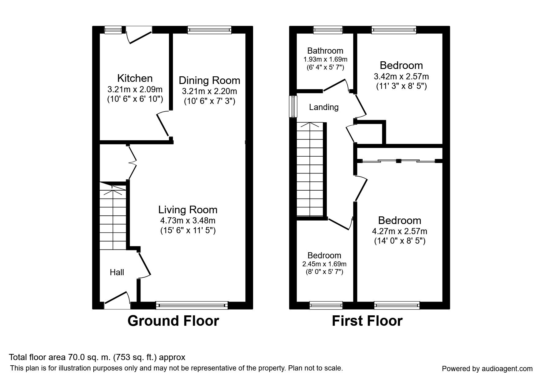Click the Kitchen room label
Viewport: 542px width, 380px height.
[x=135, y=78]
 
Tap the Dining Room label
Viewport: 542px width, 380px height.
[x=209, y=81]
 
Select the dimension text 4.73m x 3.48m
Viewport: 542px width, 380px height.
[x=188, y=220]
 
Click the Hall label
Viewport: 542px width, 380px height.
[x=117, y=272]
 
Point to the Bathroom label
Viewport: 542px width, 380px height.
[x=325, y=51]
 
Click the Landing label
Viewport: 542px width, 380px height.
[x=324, y=107]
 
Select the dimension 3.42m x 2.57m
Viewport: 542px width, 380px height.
[x=401, y=76]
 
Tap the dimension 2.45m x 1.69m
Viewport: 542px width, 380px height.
[x=324, y=264]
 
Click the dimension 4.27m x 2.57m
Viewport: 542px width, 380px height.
[x=400, y=231]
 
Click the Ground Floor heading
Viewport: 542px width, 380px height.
[x=173, y=321]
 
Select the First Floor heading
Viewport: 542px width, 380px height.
[x=367, y=321]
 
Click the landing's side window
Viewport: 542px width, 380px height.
[x=293, y=106]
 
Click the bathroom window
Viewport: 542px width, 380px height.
[x=328, y=30]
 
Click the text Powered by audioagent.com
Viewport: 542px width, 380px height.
[x=487, y=369]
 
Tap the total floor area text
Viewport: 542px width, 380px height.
[x=97, y=357]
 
